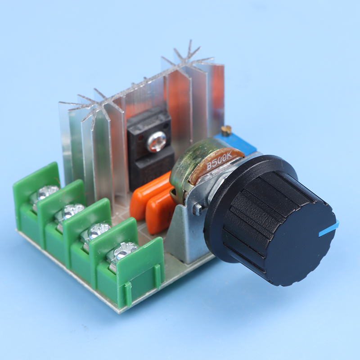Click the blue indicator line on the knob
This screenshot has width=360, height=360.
[x=329, y=229]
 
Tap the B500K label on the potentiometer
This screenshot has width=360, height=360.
[x=219, y=162]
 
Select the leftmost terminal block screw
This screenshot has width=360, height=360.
[x=48, y=193]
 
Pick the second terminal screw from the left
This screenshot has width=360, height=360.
[x=73, y=211]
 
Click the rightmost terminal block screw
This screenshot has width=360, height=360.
[x=126, y=250]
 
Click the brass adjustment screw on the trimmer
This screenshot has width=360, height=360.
[x=226, y=129]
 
